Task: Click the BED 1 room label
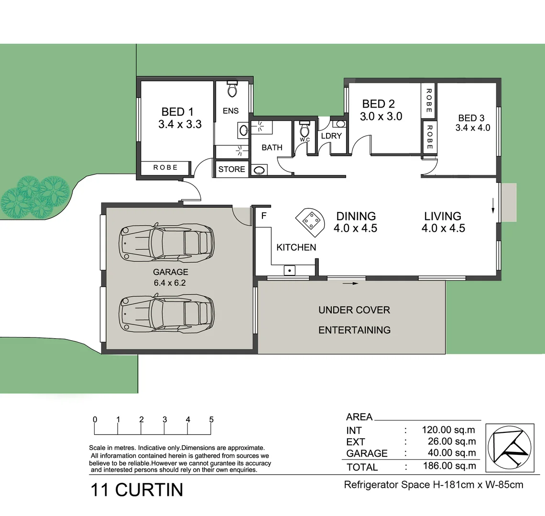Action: click(177, 112)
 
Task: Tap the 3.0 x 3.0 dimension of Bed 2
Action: click(381, 117)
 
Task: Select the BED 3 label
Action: click(471, 118)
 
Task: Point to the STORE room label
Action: click(231, 169)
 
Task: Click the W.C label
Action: click(305, 140)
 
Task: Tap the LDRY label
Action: click(331, 136)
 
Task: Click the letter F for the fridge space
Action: click(263, 216)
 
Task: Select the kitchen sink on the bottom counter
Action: click(289, 270)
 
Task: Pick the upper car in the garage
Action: click(166, 243)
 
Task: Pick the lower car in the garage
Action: click(166, 313)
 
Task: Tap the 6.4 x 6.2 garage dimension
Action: click(169, 282)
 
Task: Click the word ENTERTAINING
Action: click(354, 330)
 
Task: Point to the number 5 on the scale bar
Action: click(211, 420)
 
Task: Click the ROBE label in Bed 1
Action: click(165, 168)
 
